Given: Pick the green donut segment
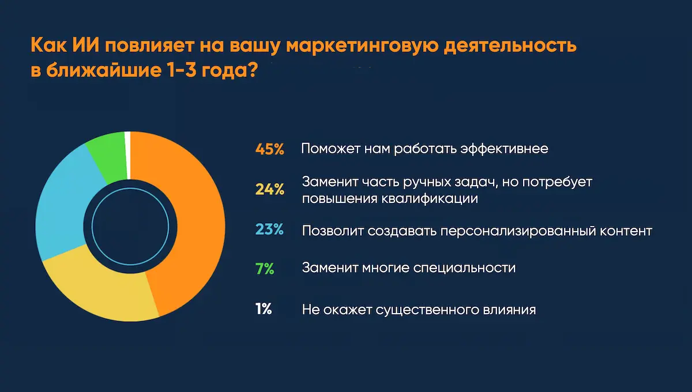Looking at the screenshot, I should tap(107, 156).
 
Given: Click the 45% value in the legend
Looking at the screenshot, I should tap(269, 149).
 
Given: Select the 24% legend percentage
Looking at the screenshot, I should tap(269, 190).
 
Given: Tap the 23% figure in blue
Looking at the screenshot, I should tap(269, 230).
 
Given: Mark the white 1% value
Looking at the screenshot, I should tap(263, 310).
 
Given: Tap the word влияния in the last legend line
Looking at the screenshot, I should tap(507, 310).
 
